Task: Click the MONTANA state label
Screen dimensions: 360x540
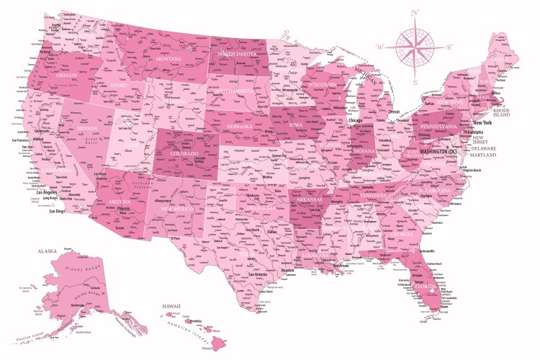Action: [x=168, y=58]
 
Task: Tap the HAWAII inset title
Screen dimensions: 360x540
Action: [x=171, y=307]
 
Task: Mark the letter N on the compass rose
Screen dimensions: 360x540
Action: [x=415, y=12]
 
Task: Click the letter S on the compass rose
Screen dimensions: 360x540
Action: [x=415, y=83]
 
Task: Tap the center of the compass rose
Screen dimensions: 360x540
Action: [x=415, y=48]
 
